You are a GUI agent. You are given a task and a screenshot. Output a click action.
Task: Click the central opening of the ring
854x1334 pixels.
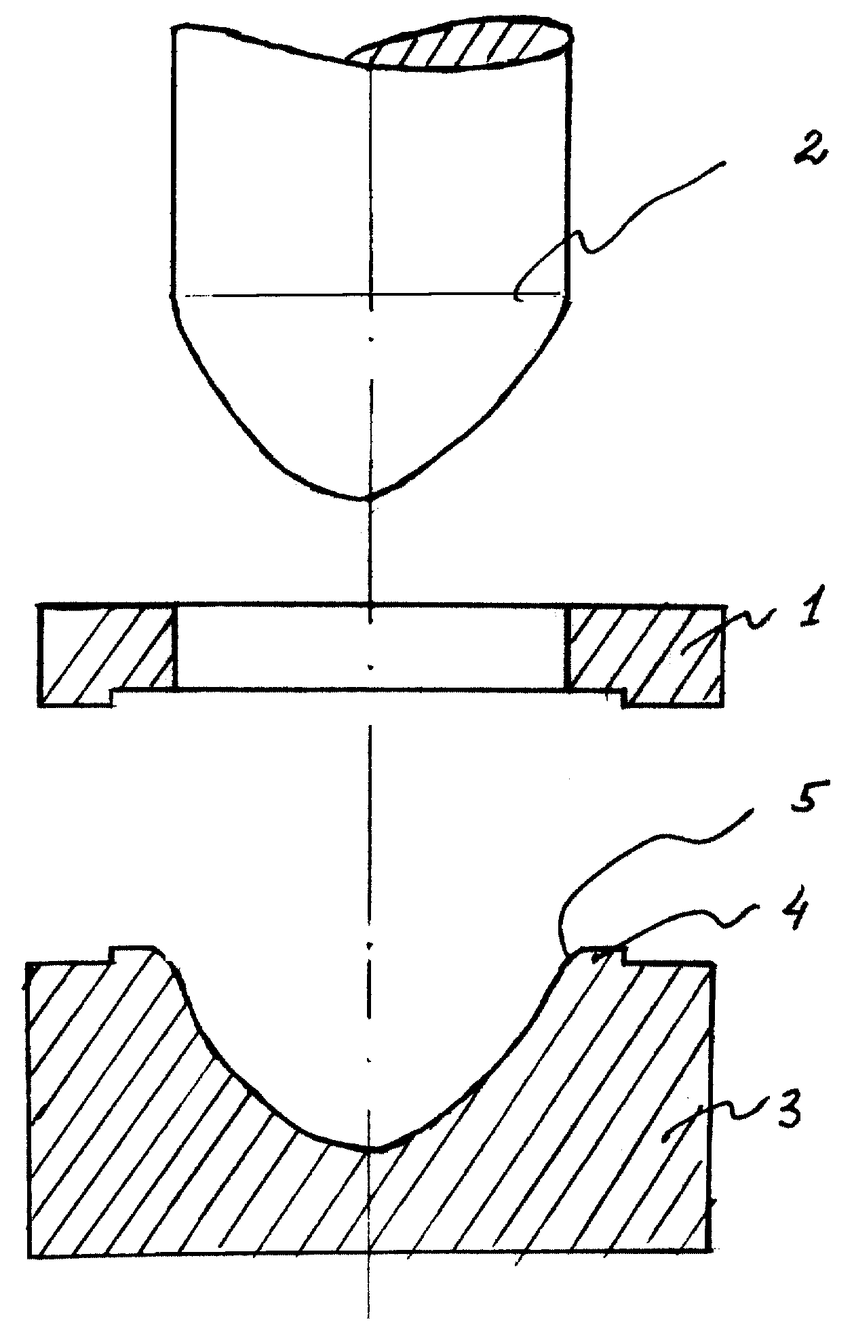point(370,647)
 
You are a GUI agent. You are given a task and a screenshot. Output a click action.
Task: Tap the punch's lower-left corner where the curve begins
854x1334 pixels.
point(175,296)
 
